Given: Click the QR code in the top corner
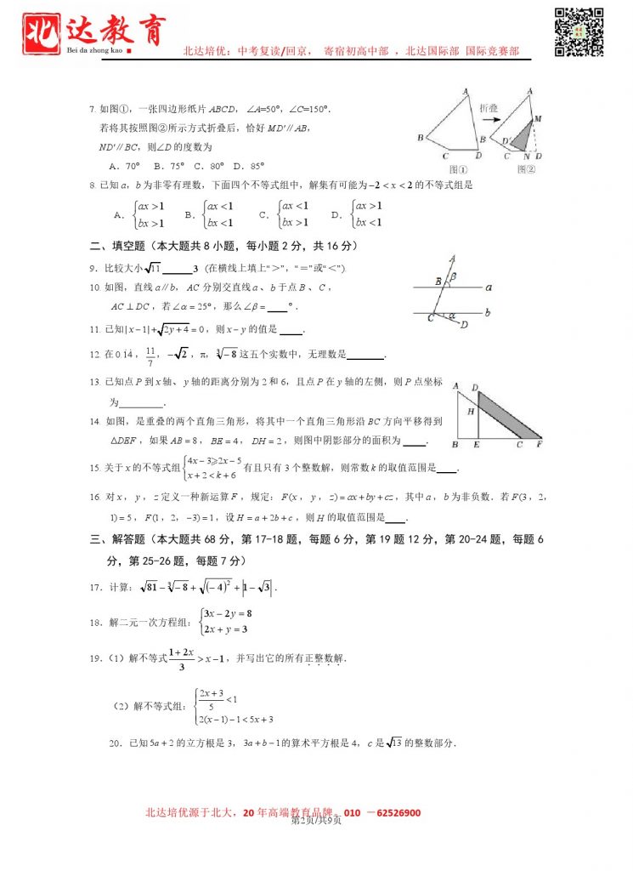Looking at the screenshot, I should click(580, 32).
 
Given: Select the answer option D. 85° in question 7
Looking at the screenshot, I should click(250, 167).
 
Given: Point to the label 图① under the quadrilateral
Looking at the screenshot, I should click(456, 168).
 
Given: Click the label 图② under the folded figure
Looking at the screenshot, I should click(527, 168).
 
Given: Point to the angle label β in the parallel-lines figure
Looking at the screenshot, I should click(455, 276).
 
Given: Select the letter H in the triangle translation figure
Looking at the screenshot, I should click(470, 411).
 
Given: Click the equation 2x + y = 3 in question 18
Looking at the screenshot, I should click(224, 629).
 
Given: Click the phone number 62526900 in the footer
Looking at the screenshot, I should click(393, 812).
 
